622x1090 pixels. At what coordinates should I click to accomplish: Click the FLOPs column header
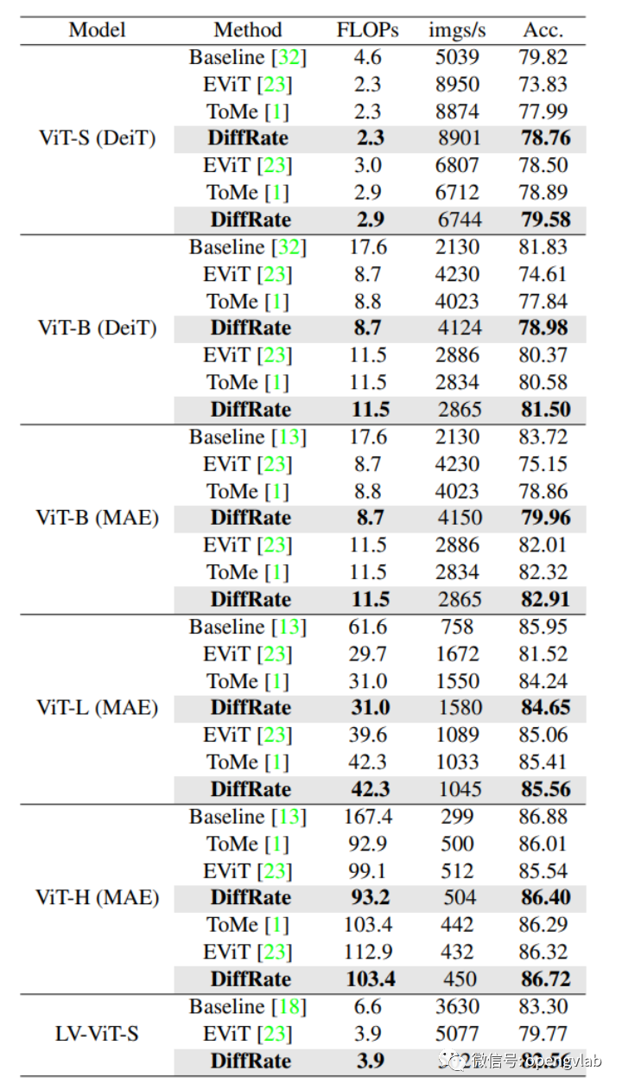click(x=368, y=29)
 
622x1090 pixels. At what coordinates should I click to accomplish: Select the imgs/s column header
click(x=457, y=29)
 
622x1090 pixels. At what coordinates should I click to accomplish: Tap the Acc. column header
click(x=543, y=29)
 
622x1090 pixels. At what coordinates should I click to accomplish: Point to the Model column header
click(x=97, y=29)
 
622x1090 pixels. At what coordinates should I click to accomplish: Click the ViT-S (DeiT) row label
click(x=98, y=137)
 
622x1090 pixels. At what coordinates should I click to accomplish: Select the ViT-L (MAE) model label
click(x=98, y=708)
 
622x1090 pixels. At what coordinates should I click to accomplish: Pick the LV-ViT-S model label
click(x=98, y=1034)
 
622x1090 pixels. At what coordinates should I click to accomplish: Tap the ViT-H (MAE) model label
click(x=98, y=897)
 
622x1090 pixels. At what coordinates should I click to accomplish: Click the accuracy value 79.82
click(x=543, y=57)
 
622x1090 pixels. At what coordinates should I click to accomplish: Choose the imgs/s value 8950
click(x=457, y=84)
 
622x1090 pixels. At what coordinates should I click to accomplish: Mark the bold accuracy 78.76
click(x=545, y=137)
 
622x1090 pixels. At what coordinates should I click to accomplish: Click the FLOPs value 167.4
click(x=368, y=817)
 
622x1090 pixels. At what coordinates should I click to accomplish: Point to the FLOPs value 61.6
click(x=368, y=627)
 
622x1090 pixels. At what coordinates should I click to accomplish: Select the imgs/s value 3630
click(x=457, y=1007)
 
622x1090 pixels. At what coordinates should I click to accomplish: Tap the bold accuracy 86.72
click(x=545, y=979)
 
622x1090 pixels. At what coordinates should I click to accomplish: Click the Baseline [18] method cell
click(x=248, y=1007)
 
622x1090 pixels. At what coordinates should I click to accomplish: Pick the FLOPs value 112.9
click(x=368, y=952)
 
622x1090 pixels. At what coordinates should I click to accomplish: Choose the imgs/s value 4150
click(x=457, y=519)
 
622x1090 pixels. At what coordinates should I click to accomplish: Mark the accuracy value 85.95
click(x=543, y=627)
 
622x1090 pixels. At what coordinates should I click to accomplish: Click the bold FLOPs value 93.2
click(x=370, y=897)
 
